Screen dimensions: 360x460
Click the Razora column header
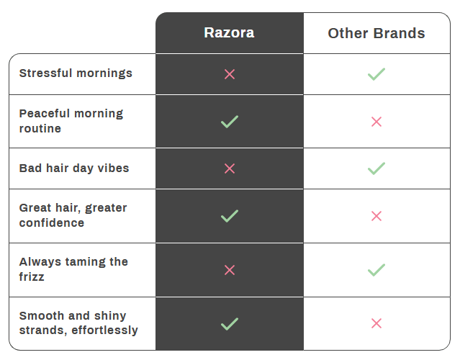[x=229, y=33]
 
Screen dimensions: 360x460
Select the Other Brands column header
[x=376, y=33]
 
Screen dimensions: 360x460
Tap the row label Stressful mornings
[x=76, y=73]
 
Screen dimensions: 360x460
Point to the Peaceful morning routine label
[x=71, y=121]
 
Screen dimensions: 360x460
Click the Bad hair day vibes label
[x=74, y=168]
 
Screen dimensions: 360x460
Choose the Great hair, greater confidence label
[x=73, y=215]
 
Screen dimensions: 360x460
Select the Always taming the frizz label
[x=73, y=269]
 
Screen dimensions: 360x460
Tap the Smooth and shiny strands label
[x=78, y=323]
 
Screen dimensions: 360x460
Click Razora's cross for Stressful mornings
[x=230, y=74]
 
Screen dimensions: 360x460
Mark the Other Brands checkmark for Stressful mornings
[x=376, y=74]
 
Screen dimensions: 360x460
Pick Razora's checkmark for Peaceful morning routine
[x=230, y=122]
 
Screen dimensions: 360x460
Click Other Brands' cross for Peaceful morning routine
[x=376, y=122]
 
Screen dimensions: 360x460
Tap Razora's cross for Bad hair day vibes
[x=230, y=168]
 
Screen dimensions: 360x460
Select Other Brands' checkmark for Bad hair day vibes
[x=376, y=168]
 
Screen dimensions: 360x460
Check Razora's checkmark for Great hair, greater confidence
[x=230, y=215]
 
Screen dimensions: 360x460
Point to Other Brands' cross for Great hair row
[x=376, y=216]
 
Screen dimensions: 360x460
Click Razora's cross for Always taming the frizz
[x=230, y=270]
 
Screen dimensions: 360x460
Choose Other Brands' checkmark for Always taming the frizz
[x=376, y=270]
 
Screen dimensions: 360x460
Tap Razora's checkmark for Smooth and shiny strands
[x=230, y=323]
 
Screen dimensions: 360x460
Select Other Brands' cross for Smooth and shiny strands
[x=376, y=323]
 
